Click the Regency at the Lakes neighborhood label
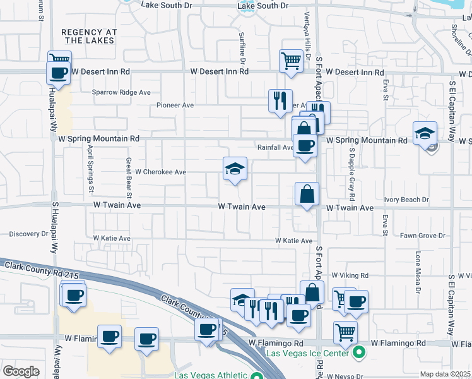[88, 35]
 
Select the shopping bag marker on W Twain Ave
[307, 194]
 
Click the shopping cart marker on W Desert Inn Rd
[290, 61]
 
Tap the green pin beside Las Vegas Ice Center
[359, 352]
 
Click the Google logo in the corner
[21, 371]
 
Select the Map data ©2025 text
[445, 374]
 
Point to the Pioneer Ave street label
[175, 105]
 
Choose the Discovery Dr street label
[29, 234]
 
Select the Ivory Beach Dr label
[406, 200]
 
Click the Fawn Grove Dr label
[423, 236]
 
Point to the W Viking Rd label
[347, 275]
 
